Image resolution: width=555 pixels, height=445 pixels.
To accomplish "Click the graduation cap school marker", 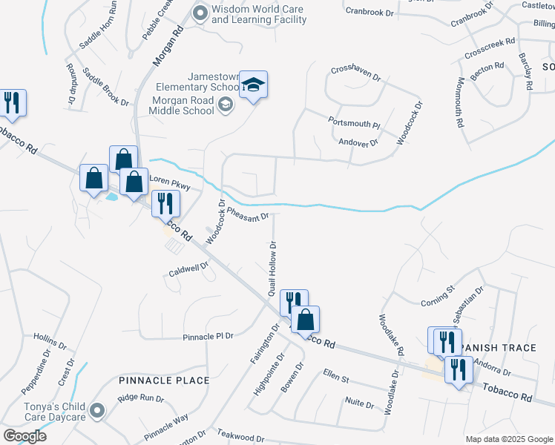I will tap(253, 85).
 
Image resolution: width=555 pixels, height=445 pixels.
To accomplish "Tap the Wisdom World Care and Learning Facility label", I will tap(258, 14).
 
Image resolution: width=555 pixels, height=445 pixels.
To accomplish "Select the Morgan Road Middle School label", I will tap(183, 106).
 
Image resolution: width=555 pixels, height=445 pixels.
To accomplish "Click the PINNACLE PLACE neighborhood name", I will tap(164, 380).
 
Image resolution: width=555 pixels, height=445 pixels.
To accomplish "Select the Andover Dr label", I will tap(358, 142).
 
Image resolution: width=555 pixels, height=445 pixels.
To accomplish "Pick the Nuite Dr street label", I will tap(360, 403).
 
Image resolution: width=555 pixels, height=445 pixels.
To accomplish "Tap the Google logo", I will tap(24, 436).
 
